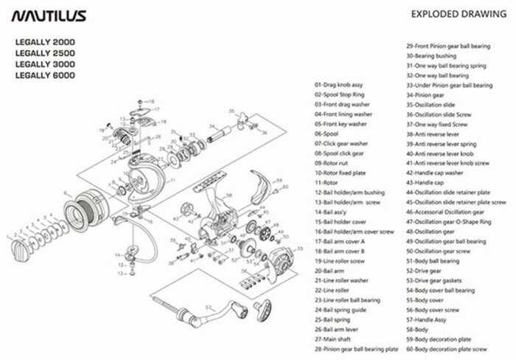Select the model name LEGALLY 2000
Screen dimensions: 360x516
pyautogui.click(x=45, y=43)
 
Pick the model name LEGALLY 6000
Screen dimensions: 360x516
pyautogui.click(x=45, y=75)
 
